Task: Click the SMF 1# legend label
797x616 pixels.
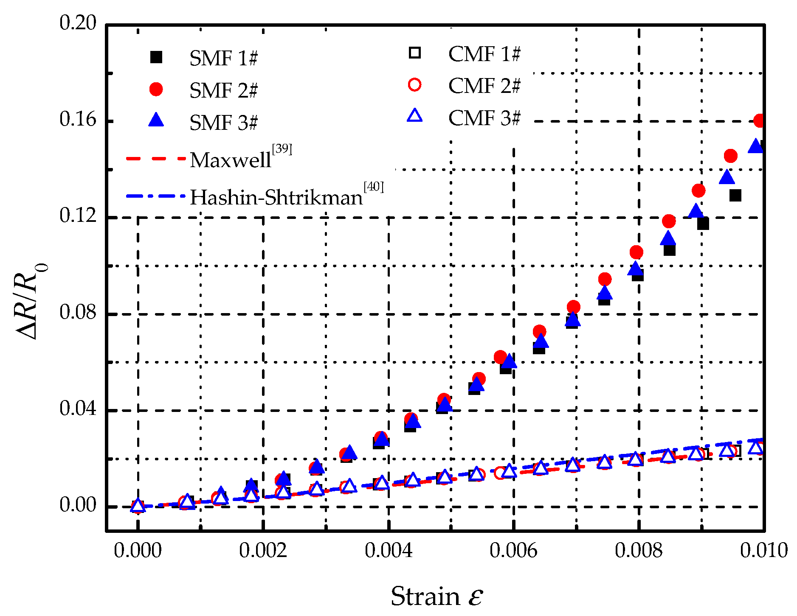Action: pos(223,58)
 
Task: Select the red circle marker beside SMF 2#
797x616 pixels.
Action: pos(156,89)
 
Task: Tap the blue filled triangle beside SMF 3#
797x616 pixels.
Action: pos(156,120)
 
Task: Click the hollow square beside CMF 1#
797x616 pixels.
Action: pos(414,53)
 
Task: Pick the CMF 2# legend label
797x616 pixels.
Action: pos(484,86)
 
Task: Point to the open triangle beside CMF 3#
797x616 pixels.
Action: pos(414,116)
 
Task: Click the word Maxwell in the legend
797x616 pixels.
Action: pos(230,160)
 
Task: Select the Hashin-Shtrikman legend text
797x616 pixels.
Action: pos(276,198)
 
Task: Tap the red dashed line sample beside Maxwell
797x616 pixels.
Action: pos(156,159)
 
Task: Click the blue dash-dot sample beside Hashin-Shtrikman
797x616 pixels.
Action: pos(156,196)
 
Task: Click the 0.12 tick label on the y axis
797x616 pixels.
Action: pos(78,216)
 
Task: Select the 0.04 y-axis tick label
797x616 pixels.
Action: pos(78,409)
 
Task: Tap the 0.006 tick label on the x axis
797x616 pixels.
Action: pos(513,551)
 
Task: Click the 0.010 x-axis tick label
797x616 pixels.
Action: pos(763,551)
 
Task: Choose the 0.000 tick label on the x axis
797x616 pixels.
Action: pos(138,551)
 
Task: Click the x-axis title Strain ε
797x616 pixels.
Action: pos(437,596)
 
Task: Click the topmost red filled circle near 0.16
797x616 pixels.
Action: pos(760,120)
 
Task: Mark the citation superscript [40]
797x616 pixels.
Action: pos(374,187)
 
